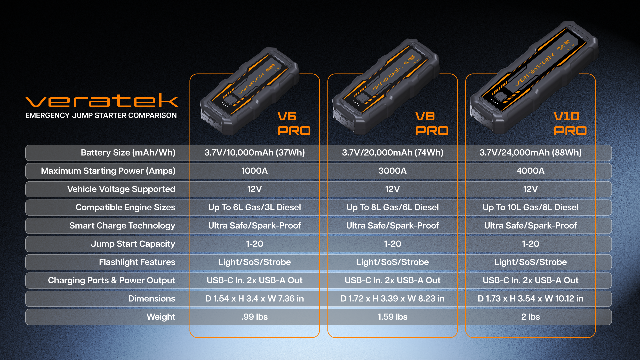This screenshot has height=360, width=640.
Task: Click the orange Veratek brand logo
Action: (102, 100)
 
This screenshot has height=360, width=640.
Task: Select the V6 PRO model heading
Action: (294, 123)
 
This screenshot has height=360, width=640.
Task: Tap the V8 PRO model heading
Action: (432, 123)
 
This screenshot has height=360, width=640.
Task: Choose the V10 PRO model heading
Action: (570, 123)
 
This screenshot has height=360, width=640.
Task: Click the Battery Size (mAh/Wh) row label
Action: (128, 153)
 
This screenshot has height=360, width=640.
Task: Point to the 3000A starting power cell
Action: (392, 171)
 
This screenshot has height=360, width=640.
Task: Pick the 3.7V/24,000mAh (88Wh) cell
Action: (530, 153)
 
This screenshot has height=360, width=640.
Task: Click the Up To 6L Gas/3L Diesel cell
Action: (255, 207)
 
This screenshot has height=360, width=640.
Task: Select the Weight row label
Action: (161, 317)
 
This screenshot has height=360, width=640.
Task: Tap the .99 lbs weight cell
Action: (255, 317)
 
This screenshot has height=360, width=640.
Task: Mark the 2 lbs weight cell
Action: (530, 317)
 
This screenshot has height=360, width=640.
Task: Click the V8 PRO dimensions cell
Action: (392, 299)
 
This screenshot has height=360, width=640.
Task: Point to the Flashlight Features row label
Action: (137, 262)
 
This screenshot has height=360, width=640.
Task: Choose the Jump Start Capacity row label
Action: (133, 244)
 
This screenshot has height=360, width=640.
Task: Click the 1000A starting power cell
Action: (255, 171)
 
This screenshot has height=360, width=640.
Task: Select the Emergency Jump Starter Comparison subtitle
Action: (101, 115)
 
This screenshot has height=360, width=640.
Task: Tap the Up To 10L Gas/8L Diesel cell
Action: (530, 207)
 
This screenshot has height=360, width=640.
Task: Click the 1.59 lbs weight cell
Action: (392, 317)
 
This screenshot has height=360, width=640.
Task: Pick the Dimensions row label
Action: (152, 299)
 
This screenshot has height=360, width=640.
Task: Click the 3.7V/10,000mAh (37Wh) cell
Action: (255, 153)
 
